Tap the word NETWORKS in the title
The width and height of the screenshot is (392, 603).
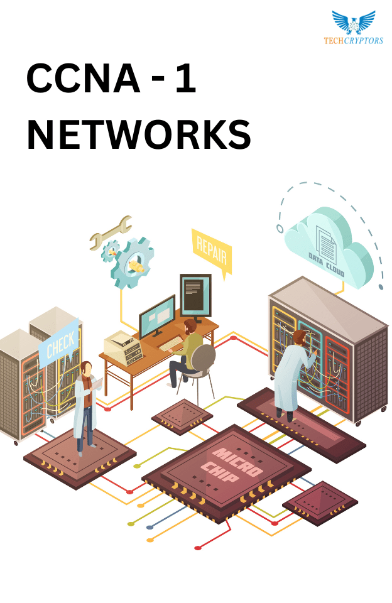[x=139, y=134]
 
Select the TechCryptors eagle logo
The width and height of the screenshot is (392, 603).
[x=354, y=23]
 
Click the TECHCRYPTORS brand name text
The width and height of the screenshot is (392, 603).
[x=354, y=40]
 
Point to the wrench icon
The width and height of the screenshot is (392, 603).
[x=111, y=232]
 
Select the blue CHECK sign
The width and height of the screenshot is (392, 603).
[x=59, y=343]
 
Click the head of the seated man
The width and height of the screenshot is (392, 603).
[x=190, y=327]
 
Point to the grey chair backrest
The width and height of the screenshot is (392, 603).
[x=204, y=357]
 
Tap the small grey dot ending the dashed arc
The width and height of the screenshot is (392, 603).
[x=381, y=287]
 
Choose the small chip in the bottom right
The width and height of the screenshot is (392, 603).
[x=320, y=503]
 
